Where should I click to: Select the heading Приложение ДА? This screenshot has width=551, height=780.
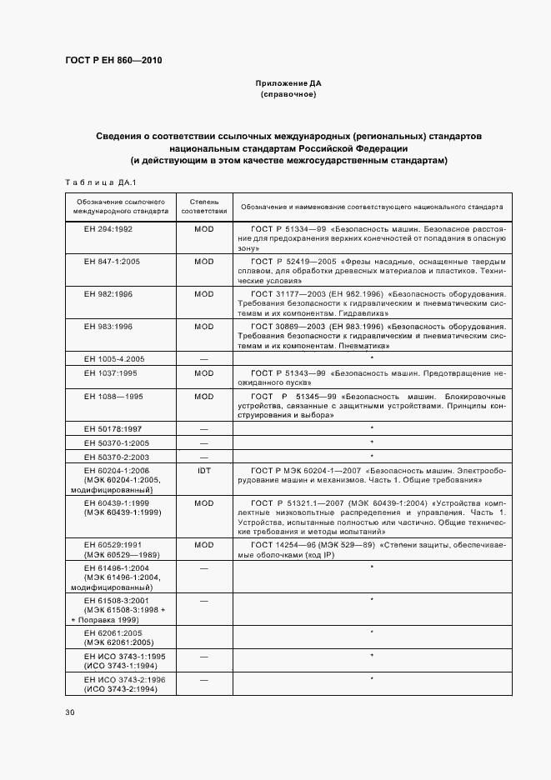click(288, 84)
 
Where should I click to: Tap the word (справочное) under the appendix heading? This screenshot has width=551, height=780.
click(288, 95)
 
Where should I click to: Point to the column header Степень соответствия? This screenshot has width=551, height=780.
click(204, 207)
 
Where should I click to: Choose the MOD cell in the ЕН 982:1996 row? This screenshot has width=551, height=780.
click(204, 294)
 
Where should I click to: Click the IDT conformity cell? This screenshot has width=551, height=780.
click(204, 471)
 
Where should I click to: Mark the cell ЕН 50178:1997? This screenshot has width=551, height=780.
click(114, 427)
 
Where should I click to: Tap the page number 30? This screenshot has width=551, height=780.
click(69, 712)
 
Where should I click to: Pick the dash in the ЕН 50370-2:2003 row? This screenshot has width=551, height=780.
click(204, 457)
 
